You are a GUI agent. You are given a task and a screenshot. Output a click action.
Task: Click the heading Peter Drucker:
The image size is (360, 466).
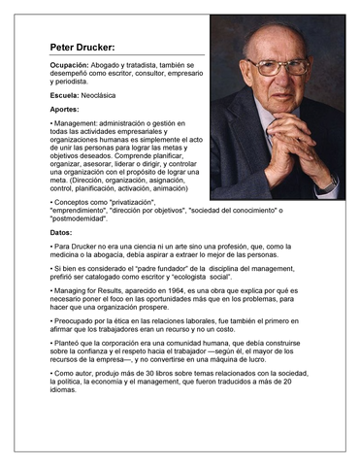[x=82, y=47]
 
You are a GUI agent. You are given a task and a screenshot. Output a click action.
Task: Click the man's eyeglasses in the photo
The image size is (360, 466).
[x=277, y=66]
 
